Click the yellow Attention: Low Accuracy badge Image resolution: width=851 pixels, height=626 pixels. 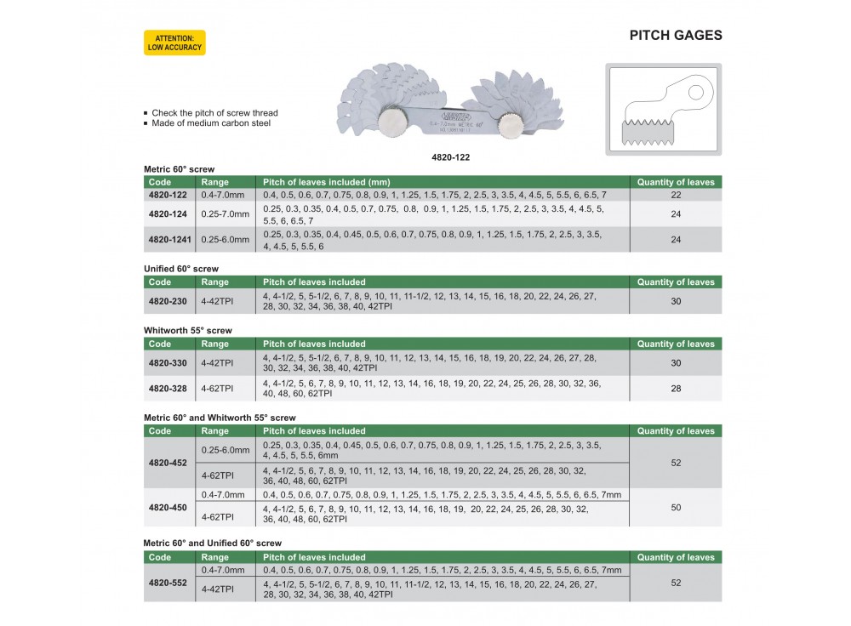(174, 43)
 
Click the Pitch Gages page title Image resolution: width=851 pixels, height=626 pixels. (675, 36)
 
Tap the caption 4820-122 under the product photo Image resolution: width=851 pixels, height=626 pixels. (451, 157)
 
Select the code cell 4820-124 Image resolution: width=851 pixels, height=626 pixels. (169, 213)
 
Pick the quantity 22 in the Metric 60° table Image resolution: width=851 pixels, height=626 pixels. (676, 195)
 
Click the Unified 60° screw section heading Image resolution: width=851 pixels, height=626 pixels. (181, 269)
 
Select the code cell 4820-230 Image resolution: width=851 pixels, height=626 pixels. (169, 301)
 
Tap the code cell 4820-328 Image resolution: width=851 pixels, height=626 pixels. (169, 388)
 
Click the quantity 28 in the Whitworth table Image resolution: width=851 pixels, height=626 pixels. (676, 388)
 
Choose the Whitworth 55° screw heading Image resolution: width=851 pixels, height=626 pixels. (187, 330)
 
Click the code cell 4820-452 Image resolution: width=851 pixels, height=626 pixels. (169, 463)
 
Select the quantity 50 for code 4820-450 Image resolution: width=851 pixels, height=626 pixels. (676, 507)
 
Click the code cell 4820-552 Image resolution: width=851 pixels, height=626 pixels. (169, 583)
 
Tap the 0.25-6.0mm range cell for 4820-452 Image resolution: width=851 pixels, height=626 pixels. (225, 450)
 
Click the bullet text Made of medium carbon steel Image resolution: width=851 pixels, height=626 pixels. (210, 123)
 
